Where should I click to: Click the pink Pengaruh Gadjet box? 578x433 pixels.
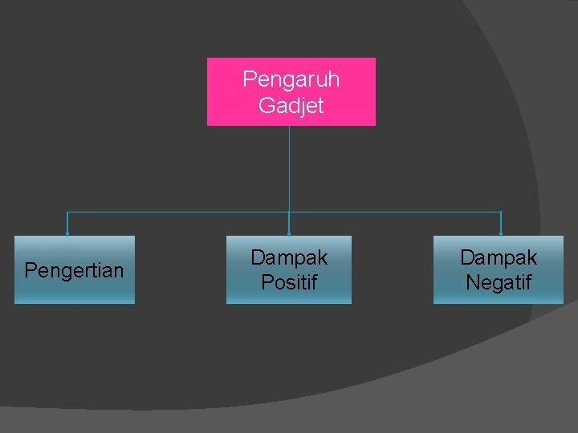point(291,91)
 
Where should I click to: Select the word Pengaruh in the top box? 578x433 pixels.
point(291,79)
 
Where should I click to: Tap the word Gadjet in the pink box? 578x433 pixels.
point(291,105)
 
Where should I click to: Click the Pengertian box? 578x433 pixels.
point(75,269)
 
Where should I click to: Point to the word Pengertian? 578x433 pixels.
point(74,270)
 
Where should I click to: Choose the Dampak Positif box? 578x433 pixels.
point(289,269)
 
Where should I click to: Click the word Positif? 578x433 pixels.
point(289,282)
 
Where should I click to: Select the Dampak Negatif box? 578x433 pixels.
point(499,269)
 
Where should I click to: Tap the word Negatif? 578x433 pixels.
point(499,282)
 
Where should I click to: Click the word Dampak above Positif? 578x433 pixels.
point(289,257)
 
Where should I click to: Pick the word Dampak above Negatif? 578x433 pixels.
point(499,257)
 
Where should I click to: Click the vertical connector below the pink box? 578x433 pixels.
point(289,168)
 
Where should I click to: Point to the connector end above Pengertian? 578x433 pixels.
point(67,233)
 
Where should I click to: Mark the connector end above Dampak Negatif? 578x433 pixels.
point(501,233)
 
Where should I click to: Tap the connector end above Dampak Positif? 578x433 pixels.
point(289,233)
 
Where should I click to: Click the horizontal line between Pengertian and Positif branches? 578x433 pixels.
point(177,212)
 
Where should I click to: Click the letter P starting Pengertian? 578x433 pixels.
point(30,270)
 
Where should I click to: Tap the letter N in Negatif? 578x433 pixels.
point(472,282)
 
